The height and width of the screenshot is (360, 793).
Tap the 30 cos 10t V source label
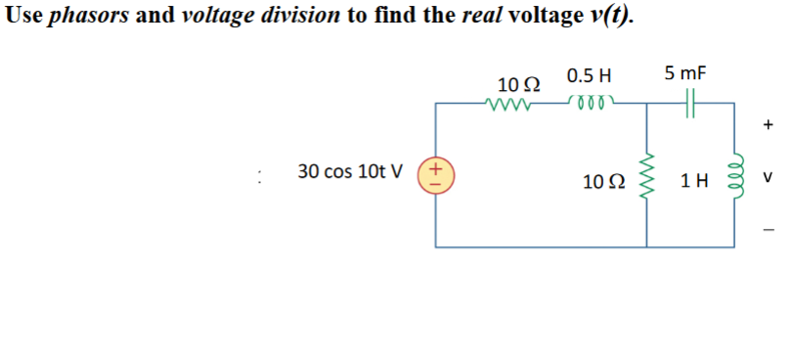pyautogui.click(x=350, y=171)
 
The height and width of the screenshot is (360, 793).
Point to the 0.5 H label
pyautogui.click(x=588, y=74)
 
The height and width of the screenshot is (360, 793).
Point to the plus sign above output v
pyautogui.click(x=768, y=125)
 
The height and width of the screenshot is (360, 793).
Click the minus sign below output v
pyautogui.click(x=768, y=231)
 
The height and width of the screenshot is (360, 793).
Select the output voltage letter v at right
pyautogui.click(x=769, y=178)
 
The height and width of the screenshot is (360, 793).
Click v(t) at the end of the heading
pyautogui.click(x=606, y=18)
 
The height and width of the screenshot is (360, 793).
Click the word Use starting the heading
pyautogui.click(x=23, y=18)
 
